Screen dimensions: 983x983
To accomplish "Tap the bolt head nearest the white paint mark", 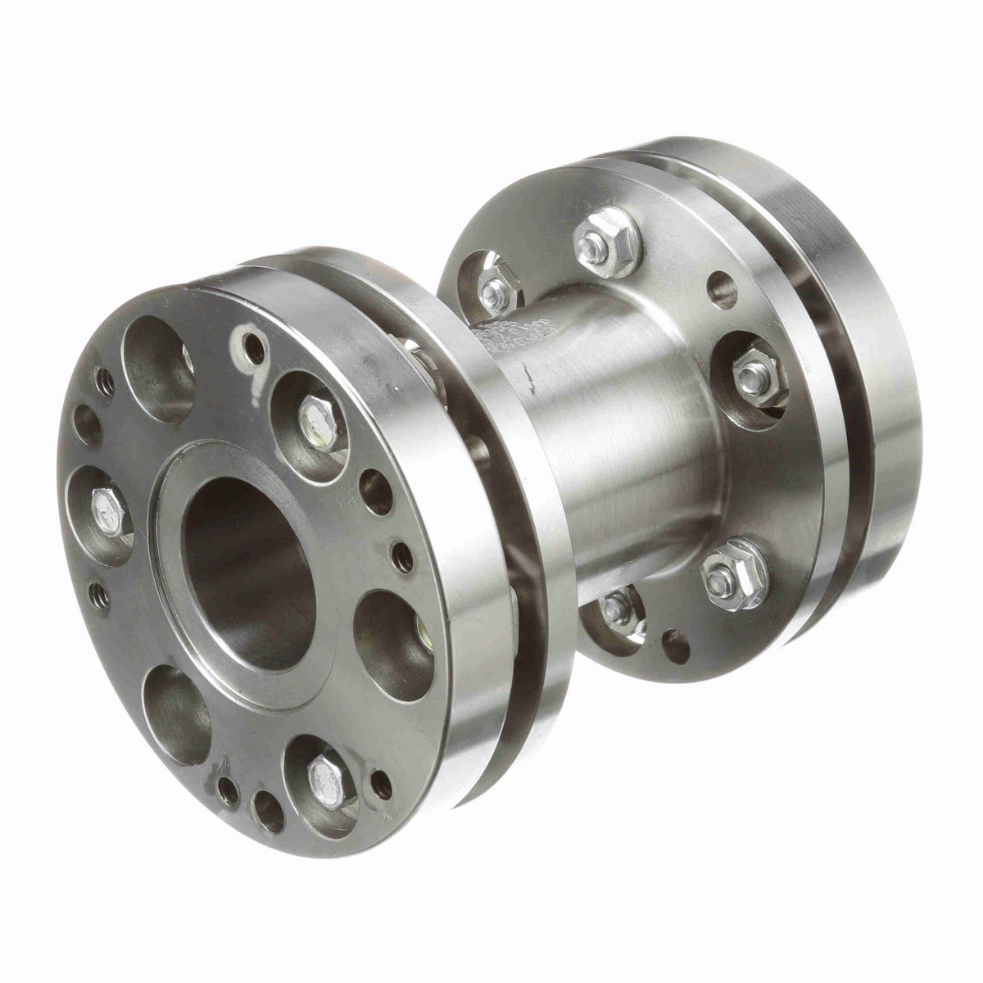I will coord(316,418).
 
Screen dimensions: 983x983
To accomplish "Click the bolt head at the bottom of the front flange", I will coord(319,770).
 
